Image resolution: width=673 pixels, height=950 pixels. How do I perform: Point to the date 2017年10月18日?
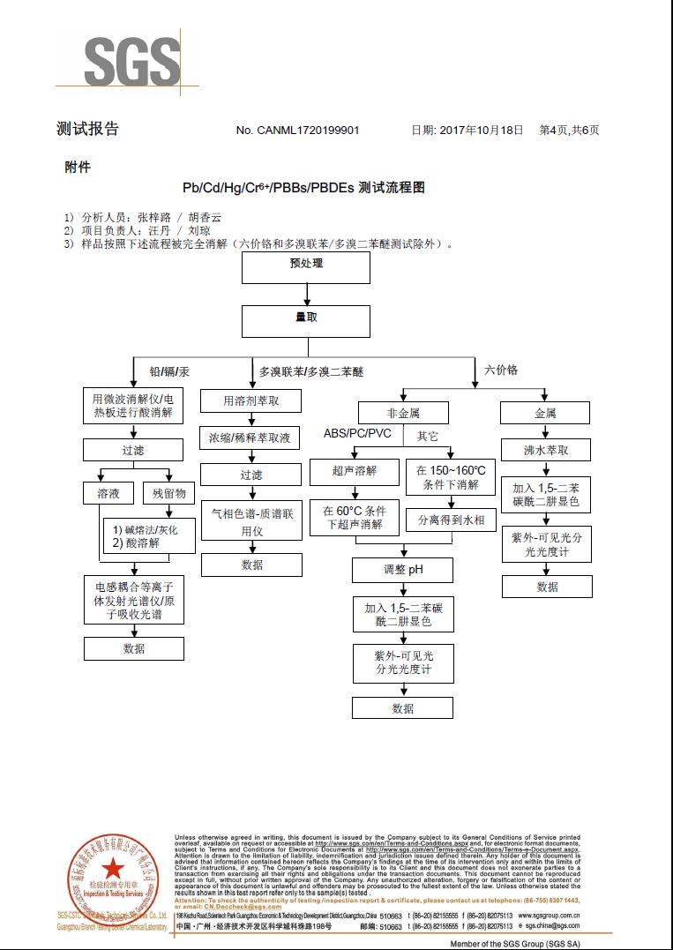pos(481,131)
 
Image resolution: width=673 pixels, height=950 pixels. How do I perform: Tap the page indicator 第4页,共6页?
pos(569,131)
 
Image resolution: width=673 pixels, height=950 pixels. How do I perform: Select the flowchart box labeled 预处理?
pos(306,265)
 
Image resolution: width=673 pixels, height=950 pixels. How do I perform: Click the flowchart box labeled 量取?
pos(306,319)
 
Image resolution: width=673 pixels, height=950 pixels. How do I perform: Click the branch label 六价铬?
pos(501,370)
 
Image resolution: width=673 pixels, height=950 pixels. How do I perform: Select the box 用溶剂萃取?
pos(251,401)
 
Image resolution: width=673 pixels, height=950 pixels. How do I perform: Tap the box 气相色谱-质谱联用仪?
pos(251,521)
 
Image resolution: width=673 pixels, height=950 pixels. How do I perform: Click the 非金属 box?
pos(403,413)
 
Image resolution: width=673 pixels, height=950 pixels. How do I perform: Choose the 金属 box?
pos(545,413)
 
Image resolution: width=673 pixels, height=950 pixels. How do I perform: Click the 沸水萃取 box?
pos(545,450)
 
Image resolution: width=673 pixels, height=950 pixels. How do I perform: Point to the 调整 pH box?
pos(403,570)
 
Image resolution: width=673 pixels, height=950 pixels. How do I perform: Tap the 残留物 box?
pos(168,493)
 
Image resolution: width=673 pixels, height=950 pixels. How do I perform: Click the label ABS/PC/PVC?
pos(357,434)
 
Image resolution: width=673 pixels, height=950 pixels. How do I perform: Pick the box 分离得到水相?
pos(451,520)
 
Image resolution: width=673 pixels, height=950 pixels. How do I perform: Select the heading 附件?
pos(77,167)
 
